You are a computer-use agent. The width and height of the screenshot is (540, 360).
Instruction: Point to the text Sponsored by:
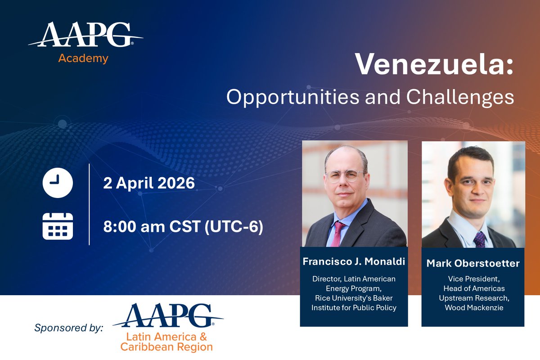[x=69, y=327]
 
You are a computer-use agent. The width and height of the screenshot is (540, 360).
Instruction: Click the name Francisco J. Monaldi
[x=354, y=261]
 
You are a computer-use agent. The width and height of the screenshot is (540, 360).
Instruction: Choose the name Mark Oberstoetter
[x=473, y=263]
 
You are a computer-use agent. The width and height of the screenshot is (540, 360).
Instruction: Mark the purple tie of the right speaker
[x=479, y=238]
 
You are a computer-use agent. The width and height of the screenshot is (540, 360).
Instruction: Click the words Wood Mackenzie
[x=473, y=307]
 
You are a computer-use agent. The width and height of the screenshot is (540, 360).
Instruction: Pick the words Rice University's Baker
[x=354, y=298]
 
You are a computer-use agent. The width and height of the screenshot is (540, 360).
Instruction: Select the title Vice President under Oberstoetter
[x=473, y=279]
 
